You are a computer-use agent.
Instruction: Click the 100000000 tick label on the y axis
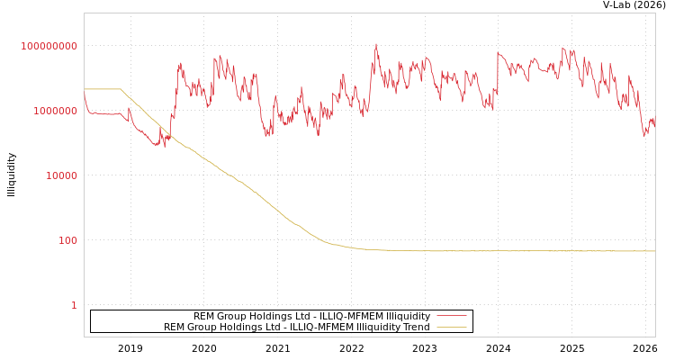click(x=49, y=46)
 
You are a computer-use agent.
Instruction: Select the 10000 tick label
click(x=62, y=175)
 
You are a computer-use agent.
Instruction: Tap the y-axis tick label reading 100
click(x=68, y=240)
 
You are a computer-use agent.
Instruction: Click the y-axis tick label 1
click(x=74, y=305)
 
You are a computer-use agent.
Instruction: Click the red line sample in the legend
click(x=451, y=316)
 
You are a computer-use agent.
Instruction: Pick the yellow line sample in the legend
click(x=451, y=327)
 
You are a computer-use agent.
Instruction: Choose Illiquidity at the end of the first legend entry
click(x=408, y=316)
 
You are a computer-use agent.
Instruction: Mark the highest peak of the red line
click(x=376, y=43)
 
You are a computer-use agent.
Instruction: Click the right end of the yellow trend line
click(x=655, y=251)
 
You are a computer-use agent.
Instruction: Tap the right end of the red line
click(x=655, y=127)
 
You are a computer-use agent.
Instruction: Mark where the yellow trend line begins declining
click(x=121, y=89)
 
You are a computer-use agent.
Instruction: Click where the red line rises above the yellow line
click(x=168, y=135)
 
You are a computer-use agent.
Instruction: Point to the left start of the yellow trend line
click(x=85, y=89)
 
